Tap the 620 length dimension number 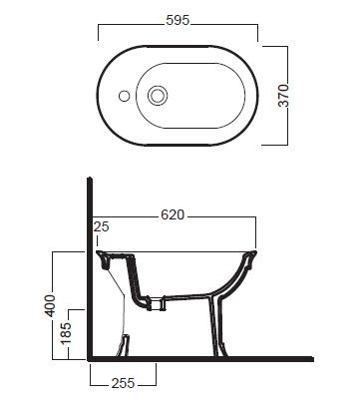point(175,213)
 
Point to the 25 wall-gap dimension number point(99,227)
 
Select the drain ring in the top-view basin point(157,97)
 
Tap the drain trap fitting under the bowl point(151,300)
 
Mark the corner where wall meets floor point(90,356)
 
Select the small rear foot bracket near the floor point(124,344)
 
